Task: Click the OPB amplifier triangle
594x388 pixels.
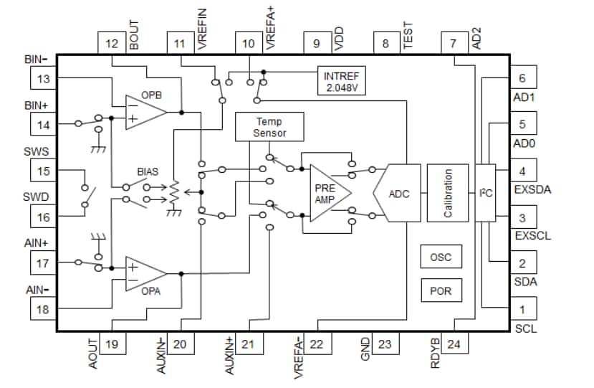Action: coord(144,111)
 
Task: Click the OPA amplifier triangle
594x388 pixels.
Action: coord(144,273)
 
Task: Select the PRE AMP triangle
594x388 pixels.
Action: coord(327,193)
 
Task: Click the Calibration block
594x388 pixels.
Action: coord(447,194)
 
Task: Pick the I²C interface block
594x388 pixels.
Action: coord(486,194)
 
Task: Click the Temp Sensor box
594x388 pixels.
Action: coord(269,127)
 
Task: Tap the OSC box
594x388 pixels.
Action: coord(441,256)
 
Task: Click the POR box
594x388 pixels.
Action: coord(441,290)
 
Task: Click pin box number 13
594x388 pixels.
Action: coord(44,78)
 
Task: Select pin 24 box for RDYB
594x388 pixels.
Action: coord(454,344)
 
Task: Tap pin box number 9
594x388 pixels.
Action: coord(317,44)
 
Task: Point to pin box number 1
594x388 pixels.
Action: coord(522,309)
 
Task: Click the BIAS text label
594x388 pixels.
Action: coord(148,173)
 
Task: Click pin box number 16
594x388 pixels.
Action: coord(44,217)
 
